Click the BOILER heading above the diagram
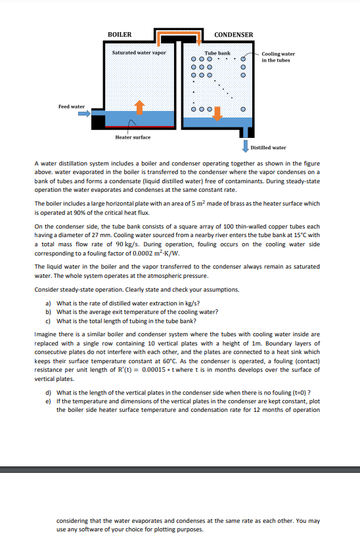point(120,34)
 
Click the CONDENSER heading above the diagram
point(234,34)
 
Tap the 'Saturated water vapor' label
point(139,52)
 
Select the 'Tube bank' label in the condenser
point(217,52)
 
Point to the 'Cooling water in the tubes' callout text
point(278,57)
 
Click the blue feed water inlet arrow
point(83,114)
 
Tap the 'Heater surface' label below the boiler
point(133,137)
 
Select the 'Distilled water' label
point(269,147)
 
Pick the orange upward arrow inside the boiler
point(139,106)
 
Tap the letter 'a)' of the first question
point(48,303)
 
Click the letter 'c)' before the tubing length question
point(48,321)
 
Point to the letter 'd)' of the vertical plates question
point(48,393)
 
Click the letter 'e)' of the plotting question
point(48,401)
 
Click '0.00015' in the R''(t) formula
point(144,370)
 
